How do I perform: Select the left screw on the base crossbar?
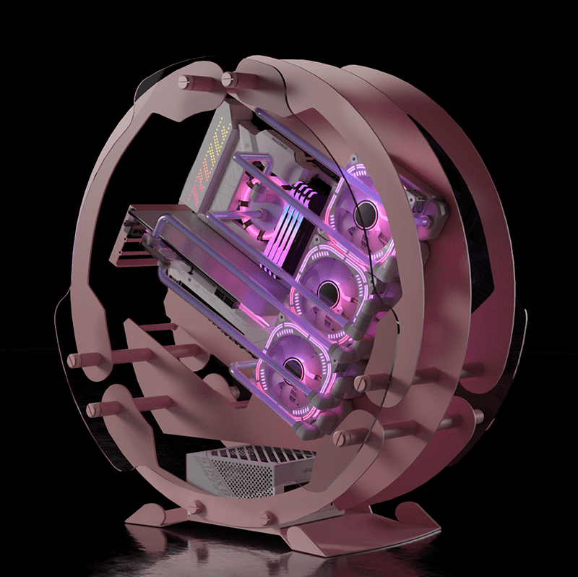point(194,505)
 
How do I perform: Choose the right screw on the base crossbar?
point(267,516)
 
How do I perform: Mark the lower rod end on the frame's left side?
point(94,409)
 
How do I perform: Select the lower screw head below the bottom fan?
point(341,437)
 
